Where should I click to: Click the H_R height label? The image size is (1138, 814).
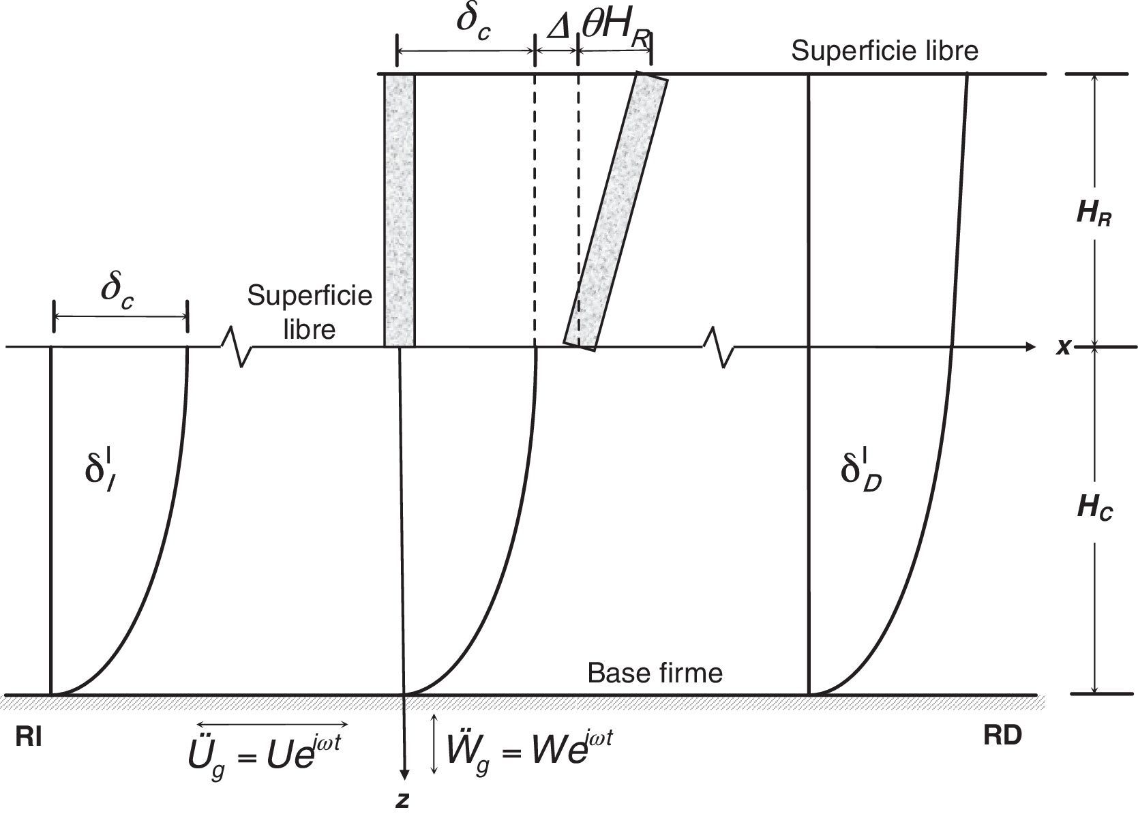(x=1094, y=215)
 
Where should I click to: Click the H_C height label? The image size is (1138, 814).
(x=1094, y=509)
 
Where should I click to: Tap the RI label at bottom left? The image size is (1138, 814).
(x=29, y=738)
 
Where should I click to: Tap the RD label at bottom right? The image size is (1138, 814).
(x=1002, y=736)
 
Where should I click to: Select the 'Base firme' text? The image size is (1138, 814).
(x=655, y=674)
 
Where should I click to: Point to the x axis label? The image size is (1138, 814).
(x=1062, y=348)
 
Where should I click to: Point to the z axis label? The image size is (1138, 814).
(x=403, y=800)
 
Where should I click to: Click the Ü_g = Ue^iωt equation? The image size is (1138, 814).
(x=263, y=752)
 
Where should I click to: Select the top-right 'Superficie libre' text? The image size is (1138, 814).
(x=884, y=51)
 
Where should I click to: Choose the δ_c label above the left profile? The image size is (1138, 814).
(x=117, y=292)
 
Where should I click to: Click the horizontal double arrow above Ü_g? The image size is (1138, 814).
(x=272, y=724)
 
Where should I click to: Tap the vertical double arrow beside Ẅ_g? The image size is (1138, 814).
(x=434, y=744)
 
